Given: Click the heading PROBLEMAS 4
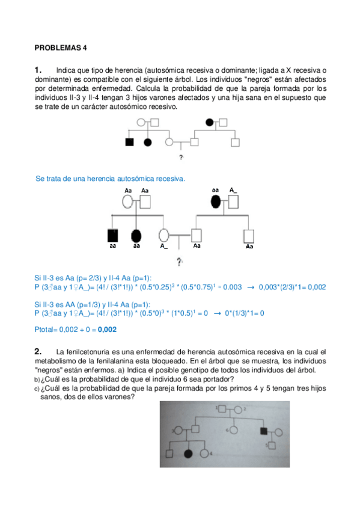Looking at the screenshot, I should (x=61, y=48).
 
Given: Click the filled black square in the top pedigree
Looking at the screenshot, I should (x=129, y=143).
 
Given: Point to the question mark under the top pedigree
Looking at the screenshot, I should (x=180, y=158).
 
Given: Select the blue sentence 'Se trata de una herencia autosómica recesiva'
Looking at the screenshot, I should (x=111, y=179).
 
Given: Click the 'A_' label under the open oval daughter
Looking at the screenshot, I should (x=164, y=246).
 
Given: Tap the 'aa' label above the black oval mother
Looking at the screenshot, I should (x=215, y=190).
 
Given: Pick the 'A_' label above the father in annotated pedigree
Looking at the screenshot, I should (x=233, y=190).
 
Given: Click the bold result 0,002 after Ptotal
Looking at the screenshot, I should (x=107, y=330).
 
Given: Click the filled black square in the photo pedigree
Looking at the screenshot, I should (x=264, y=431).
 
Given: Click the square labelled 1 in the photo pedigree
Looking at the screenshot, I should (x=222, y=410).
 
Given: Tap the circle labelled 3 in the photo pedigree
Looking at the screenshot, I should (x=178, y=431).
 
